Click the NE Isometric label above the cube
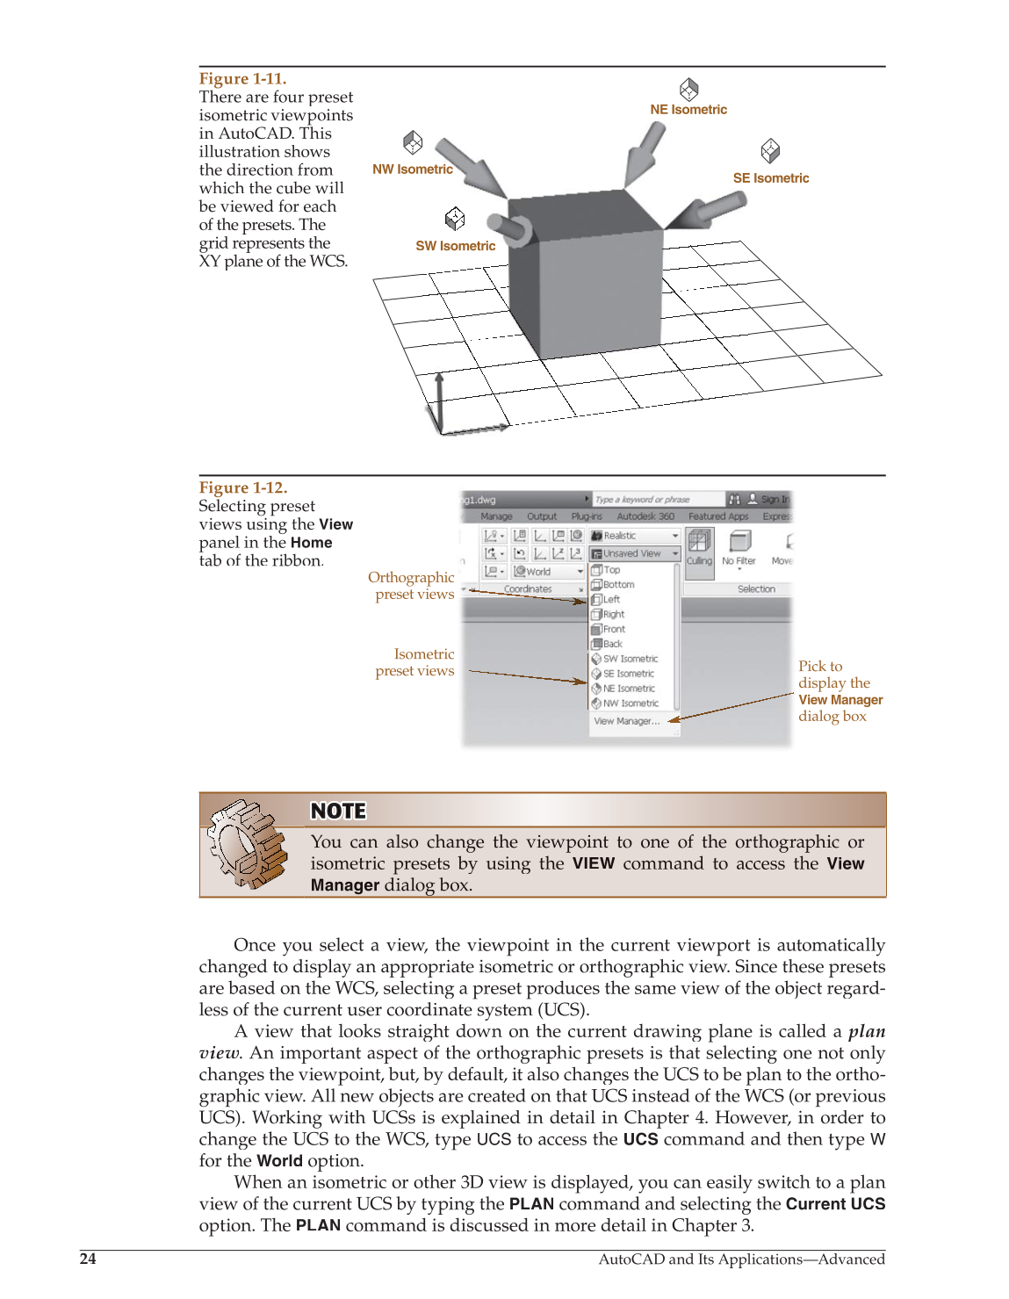pos(688,110)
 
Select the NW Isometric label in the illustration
pos(412,170)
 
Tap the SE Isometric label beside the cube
pos(770,178)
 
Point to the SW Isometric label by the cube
pos(455,247)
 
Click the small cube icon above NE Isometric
pos(688,89)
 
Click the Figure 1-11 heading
pos(242,79)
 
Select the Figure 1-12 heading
pos(243,488)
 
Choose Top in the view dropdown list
pos(611,570)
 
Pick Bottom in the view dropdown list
pos(617,585)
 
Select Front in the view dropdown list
pos(613,630)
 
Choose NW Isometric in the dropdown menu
pos(630,704)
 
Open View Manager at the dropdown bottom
pos(626,721)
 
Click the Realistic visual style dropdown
pos(634,536)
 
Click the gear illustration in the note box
pos(248,844)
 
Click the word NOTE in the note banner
pos(338,812)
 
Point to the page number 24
pos(88,1259)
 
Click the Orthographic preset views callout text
pos(413,586)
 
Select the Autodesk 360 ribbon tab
pos(645,516)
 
